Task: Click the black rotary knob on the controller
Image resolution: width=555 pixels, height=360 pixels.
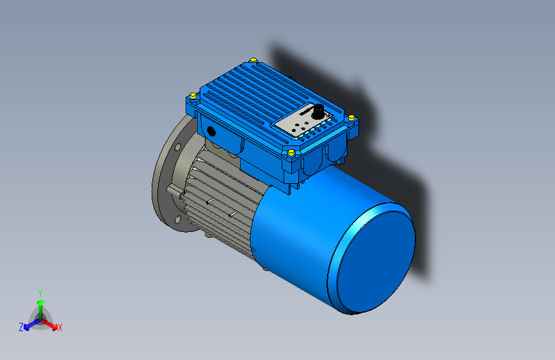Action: click(317, 110)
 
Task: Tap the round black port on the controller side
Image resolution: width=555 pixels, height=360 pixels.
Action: click(211, 131)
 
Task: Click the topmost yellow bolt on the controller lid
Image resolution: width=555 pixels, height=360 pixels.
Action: click(254, 61)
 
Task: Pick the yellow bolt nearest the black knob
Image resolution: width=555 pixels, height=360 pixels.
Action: click(351, 117)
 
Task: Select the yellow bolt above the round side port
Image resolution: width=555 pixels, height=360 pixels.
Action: click(193, 95)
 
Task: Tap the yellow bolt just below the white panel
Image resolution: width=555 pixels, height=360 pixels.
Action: click(291, 152)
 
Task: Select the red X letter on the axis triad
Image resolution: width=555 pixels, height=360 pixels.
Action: click(60, 327)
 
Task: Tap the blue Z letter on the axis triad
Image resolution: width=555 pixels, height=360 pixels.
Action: click(21, 327)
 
